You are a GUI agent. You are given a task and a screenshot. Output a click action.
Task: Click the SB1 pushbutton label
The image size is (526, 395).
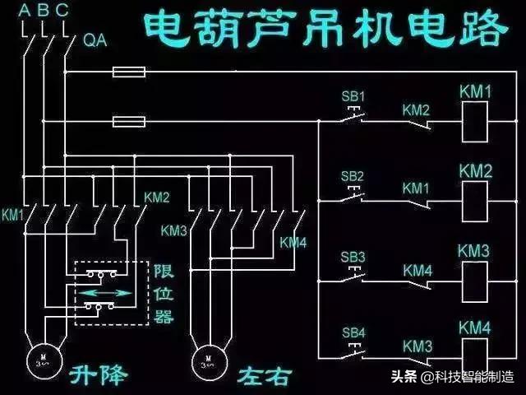tap(353, 95)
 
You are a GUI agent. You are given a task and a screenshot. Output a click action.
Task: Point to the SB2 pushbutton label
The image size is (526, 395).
tap(353, 176)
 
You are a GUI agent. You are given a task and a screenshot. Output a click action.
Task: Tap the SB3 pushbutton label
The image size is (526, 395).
tap(353, 257)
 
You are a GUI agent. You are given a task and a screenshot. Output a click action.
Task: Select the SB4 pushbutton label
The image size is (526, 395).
tap(353, 332)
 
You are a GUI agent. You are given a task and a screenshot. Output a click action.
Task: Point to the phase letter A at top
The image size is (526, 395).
tap(26, 11)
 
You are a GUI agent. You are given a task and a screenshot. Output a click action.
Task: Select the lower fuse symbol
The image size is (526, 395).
tap(129, 123)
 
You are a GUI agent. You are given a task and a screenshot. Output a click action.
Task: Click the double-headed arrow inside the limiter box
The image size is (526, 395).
tap(104, 292)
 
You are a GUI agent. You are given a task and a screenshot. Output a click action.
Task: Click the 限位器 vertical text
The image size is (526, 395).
tap(164, 292)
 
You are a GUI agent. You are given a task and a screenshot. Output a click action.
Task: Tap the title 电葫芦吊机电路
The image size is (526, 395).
tap(323, 29)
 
